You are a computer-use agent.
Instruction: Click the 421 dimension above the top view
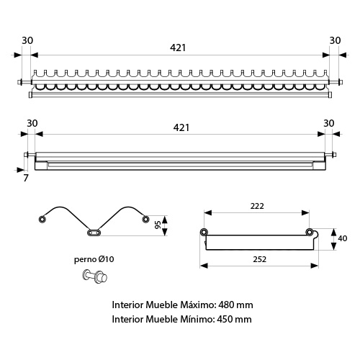click(x=178, y=48)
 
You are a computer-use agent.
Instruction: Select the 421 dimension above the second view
click(x=181, y=127)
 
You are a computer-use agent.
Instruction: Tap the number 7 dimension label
click(x=26, y=178)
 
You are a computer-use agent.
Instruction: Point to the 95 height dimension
click(x=158, y=225)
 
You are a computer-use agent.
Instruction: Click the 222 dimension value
click(x=257, y=206)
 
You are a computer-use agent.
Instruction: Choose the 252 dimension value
click(x=260, y=259)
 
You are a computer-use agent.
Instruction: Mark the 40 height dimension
click(x=343, y=238)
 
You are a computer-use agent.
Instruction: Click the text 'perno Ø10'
click(x=94, y=259)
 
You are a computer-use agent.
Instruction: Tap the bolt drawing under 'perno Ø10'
click(x=95, y=276)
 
